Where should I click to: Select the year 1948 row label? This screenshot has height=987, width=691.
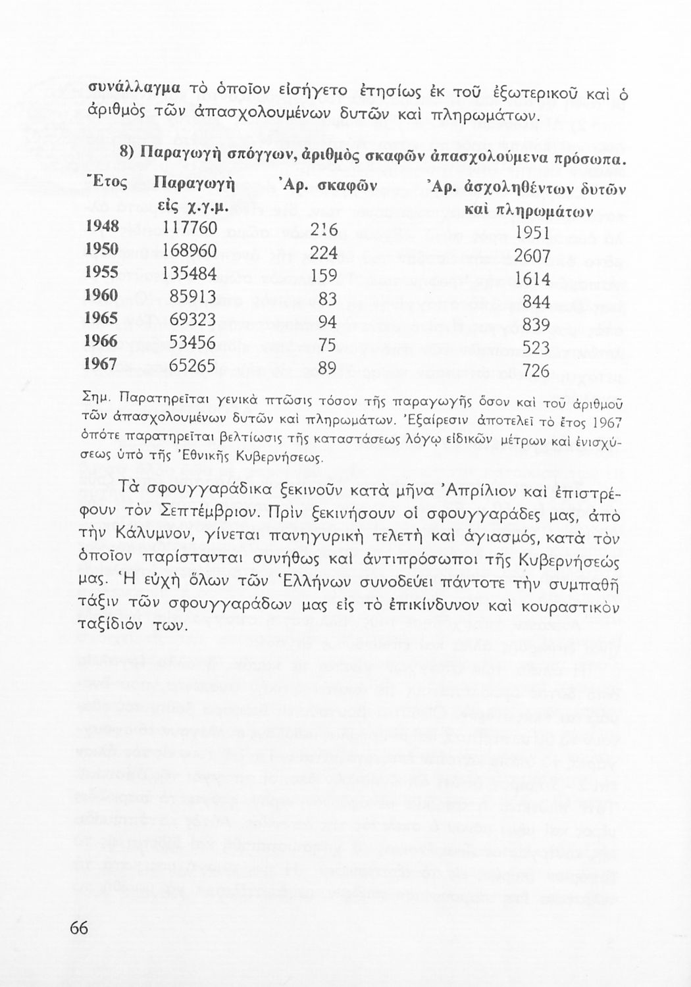102,226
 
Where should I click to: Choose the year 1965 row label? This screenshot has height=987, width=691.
102,318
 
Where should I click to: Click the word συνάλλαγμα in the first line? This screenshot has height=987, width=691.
128,88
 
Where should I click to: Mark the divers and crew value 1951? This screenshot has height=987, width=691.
532,233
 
